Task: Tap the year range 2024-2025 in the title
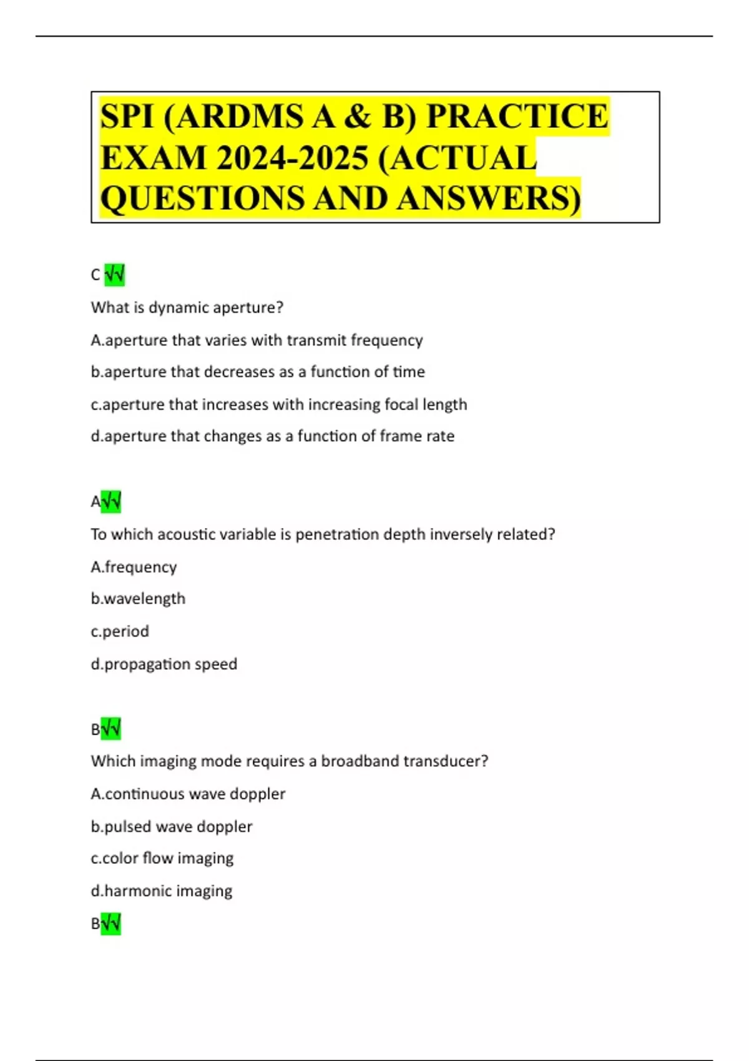coord(292,157)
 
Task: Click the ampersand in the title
coord(357,116)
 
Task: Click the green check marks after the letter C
coord(115,275)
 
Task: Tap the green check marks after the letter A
coord(111,502)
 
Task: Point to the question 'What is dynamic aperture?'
coord(187,308)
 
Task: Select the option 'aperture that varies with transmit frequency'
coord(257,340)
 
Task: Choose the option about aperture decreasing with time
coord(258,372)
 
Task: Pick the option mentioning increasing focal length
coord(278,404)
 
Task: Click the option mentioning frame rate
coord(272,436)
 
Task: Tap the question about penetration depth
coord(323,534)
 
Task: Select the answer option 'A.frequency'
coord(134,567)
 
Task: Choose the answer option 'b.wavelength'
coord(138,599)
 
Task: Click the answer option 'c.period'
coord(120,631)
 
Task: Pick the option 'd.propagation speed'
coord(164,663)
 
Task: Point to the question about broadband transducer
coord(290,761)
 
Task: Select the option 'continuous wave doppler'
coord(188,794)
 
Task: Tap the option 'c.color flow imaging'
coord(162,858)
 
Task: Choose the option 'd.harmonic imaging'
coord(162,891)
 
